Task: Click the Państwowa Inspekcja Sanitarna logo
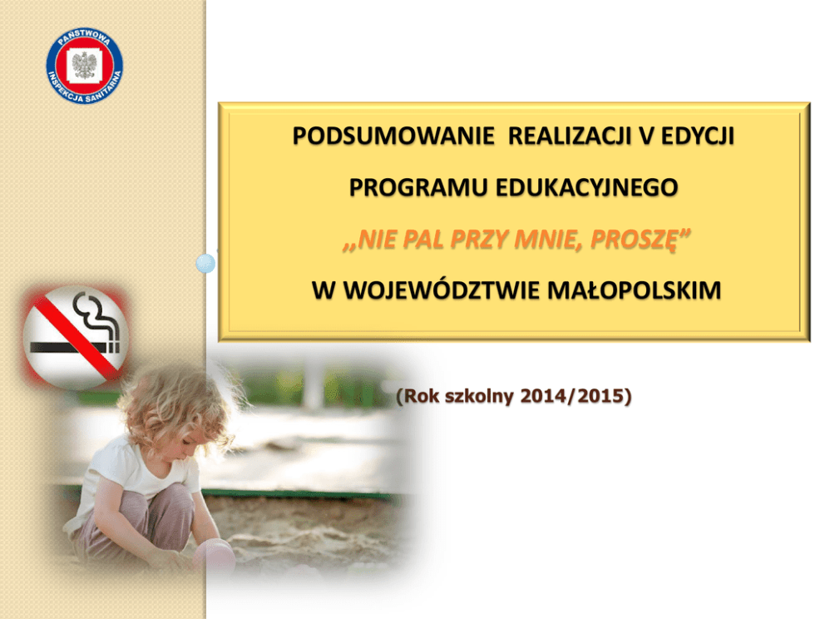pos(84,65)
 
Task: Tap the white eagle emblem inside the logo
pos(84,65)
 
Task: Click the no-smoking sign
pos(75,338)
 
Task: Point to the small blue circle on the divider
pos(205,263)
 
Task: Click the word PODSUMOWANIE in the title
pos(393,136)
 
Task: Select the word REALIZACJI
pos(570,136)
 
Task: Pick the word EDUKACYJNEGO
pos(586,187)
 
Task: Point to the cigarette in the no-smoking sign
pos(75,347)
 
